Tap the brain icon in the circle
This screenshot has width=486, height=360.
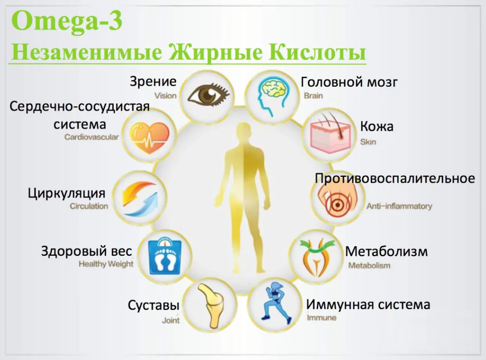[x=272, y=94]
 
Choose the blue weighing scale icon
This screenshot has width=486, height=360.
[x=164, y=256]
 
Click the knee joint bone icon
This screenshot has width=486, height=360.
[x=210, y=305]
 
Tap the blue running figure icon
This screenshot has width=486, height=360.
[x=276, y=303]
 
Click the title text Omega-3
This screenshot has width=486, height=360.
[x=67, y=21]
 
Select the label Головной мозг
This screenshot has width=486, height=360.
[x=349, y=82]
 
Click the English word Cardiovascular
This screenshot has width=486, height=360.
[x=91, y=138]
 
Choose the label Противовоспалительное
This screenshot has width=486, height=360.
[x=395, y=178]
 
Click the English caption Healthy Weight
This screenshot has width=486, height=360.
[x=106, y=264]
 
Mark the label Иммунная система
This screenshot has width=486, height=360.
[x=368, y=304]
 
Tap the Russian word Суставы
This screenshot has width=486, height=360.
[x=153, y=306]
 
